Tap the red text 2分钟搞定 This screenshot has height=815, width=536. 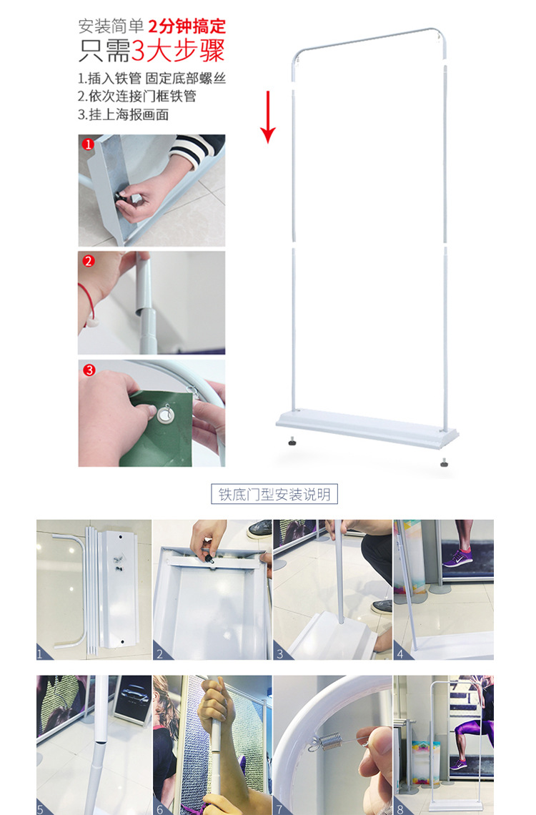pyautogui.click(x=187, y=27)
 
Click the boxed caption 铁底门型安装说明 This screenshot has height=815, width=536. pyautogui.click(x=275, y=494)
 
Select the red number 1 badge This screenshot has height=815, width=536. pyautogui.click(x=89, y=144)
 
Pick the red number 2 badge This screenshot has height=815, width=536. pyautogui.click(x=89, y=261)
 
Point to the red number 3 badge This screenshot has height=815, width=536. pyautogui.click(x=89, y=370)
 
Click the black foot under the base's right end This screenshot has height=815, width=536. pyautogui.click(x=445, y=463)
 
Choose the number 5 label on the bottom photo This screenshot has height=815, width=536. pyautogui.click(x=41, y=809)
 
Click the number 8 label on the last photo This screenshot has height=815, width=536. pyautogui.click(x=399, y=809)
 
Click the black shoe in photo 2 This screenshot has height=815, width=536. pyautogui.click(x=259, y=528)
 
